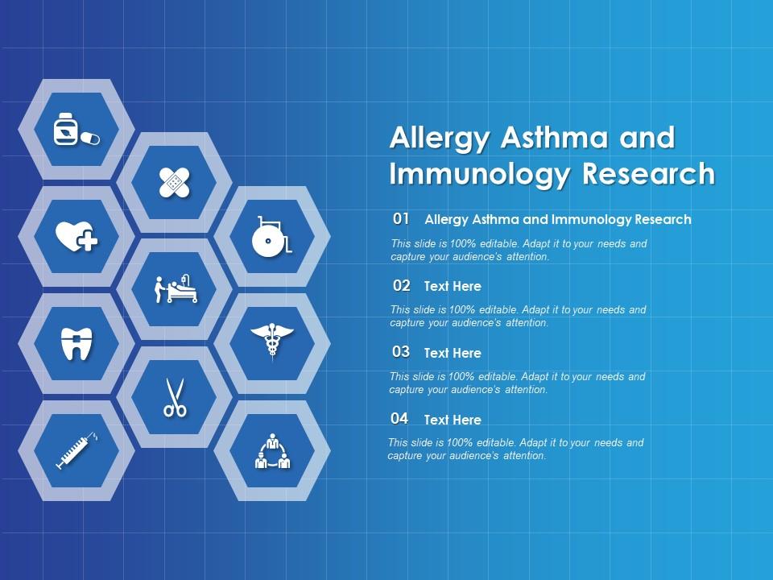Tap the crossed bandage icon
pos(175,183)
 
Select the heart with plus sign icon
pos(76,237)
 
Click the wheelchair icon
pos(271,237)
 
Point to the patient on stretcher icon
pos(175,289)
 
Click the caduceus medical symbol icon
pos(271,342)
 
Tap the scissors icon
pos(175,397)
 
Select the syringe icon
pos(76,450)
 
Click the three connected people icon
pos(271,451)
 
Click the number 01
pos(402,219)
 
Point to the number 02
pos(402,286)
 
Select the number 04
pos(400,419)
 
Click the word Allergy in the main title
pos(440,139)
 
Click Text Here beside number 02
pos(453,286)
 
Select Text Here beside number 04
pos(453,420)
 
